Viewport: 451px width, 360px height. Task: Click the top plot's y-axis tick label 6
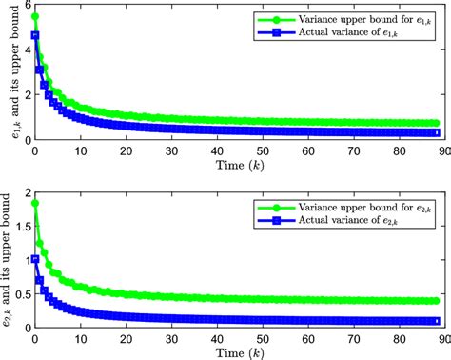pos(26,6)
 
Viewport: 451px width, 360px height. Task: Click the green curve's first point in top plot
pos(35,16)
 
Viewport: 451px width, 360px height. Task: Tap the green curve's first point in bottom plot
pos(35,203)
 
